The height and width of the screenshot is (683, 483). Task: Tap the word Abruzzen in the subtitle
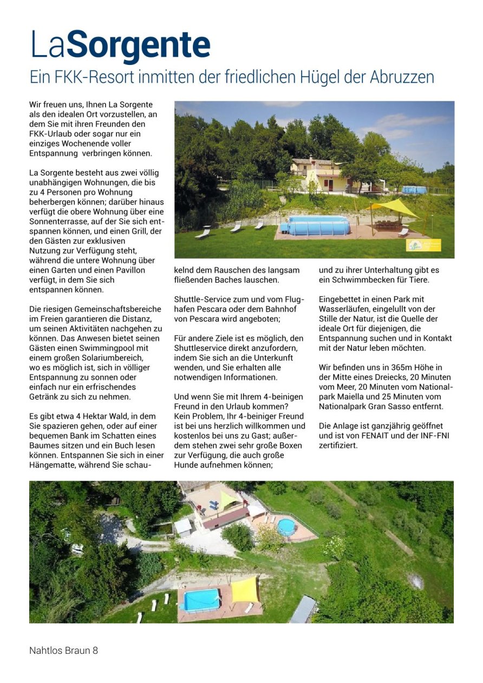(402, 77)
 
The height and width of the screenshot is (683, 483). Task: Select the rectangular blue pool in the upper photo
(318, 225)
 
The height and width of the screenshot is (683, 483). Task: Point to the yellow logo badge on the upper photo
(423, 245)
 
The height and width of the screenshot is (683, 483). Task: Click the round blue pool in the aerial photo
(286, 527)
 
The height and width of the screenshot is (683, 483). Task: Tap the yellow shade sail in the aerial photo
(245, 589)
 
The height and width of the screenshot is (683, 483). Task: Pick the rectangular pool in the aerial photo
(201, 600)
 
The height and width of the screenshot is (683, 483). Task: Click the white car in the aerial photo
(77, 548)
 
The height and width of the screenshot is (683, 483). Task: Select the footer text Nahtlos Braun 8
(63, 650)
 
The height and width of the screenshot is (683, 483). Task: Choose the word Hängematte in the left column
(52, 464)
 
